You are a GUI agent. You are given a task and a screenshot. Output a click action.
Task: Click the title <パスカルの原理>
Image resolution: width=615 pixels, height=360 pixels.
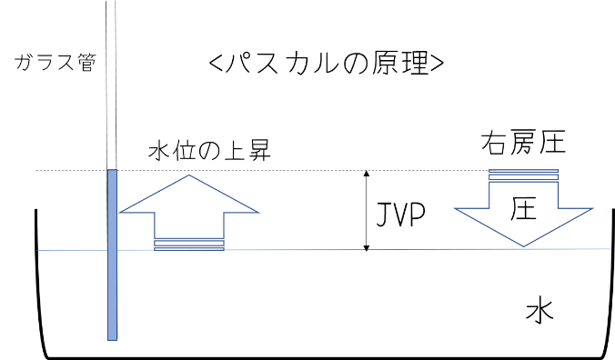point(327,63)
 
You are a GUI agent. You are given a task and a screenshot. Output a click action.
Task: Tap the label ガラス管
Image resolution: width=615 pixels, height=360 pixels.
point(55,63)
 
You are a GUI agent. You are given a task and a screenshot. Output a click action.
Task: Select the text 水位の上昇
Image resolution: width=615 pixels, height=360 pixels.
point(209,151)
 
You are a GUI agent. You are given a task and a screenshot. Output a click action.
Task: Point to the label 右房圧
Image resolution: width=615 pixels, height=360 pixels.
point(523,142)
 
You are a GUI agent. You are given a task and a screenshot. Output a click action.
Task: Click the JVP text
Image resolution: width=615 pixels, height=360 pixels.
point(401,215)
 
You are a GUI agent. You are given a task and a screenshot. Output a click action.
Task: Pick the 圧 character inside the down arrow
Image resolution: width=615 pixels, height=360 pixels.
point(524,208)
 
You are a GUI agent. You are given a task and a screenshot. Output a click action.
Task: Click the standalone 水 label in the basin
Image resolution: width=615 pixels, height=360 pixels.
point(539,312)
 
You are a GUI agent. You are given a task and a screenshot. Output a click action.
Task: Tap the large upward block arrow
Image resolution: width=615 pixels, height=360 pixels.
point(189,207)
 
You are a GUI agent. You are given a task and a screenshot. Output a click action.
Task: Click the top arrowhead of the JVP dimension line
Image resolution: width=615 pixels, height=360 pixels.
point(367,173)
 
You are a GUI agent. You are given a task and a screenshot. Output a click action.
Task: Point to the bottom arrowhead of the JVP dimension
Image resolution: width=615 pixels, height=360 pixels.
point(367,247)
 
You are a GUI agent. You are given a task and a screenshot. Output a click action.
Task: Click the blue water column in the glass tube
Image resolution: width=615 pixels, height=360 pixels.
point(112,255)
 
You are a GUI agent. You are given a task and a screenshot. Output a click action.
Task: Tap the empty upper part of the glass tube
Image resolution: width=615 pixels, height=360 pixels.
point(111,85)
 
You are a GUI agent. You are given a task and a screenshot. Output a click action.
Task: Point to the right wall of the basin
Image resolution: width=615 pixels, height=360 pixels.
point(611,282)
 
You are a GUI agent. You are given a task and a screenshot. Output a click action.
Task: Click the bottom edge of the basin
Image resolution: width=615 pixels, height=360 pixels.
point(326,357)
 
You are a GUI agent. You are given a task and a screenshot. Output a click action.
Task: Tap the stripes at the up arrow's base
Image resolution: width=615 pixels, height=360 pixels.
point(189,245)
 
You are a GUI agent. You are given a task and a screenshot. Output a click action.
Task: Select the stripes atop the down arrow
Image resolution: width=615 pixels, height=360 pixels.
point(523,175)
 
